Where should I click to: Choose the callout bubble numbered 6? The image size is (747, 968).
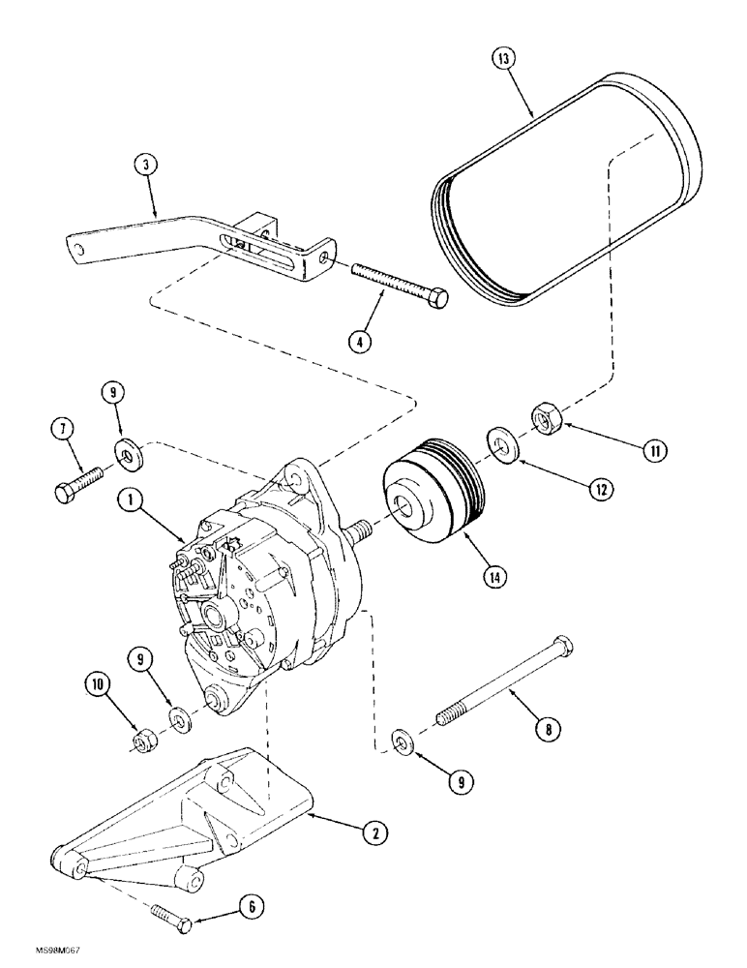coord(250,907)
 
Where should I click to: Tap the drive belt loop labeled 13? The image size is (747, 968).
coord(561,194)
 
